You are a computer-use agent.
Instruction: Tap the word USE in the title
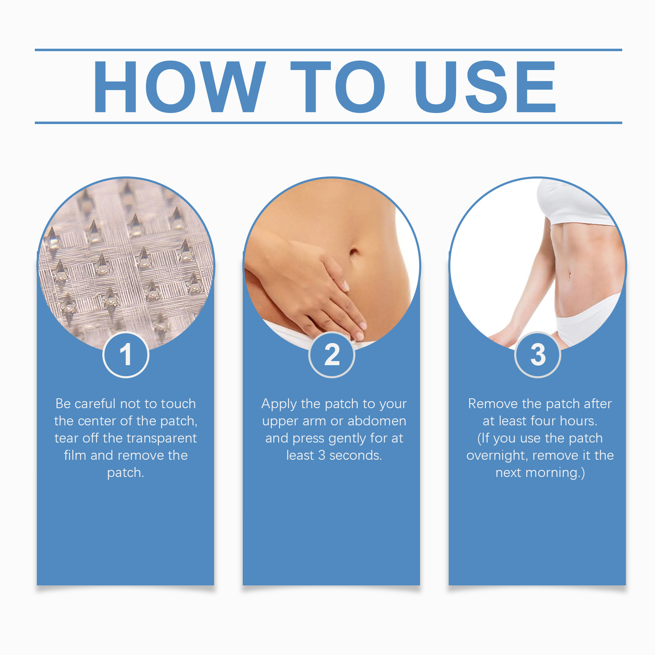tap(485, 86)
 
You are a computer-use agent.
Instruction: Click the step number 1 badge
tap(126, 355)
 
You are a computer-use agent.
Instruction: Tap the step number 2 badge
tap(332, 355)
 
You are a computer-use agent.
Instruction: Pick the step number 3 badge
tap(538, 355)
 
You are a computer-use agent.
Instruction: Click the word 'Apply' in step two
tap(279, 404)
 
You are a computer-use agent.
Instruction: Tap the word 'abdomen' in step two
tap(377, 421)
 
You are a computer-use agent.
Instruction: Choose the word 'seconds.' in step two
tap(355, 455)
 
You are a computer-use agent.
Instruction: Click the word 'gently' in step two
tap(347, 439)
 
